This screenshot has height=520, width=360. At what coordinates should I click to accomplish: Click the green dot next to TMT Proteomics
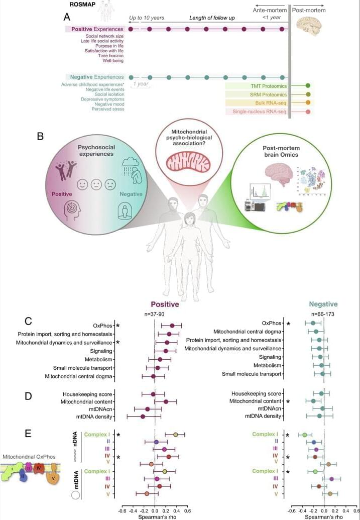[307, 86]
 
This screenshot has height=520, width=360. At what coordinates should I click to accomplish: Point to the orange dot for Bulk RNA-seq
[307, 103]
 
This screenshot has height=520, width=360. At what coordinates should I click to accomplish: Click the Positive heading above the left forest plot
[165, 304]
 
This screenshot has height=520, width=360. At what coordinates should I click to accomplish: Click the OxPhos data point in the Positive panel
[172, 326]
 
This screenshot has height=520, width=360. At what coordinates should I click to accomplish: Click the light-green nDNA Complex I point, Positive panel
[176, 434]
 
